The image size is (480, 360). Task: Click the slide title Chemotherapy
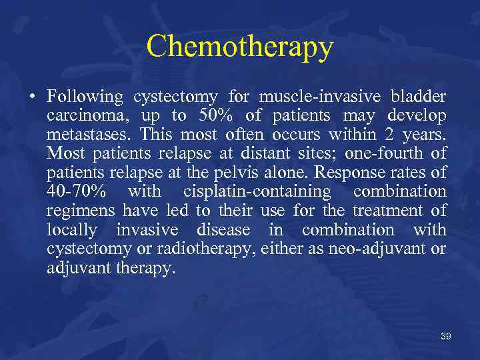coord(239,47)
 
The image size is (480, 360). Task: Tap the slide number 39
coord(445,337)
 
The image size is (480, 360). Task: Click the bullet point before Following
coord(32,97)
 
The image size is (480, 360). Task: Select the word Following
coord(85,97)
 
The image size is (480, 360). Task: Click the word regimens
coord(81,212)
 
